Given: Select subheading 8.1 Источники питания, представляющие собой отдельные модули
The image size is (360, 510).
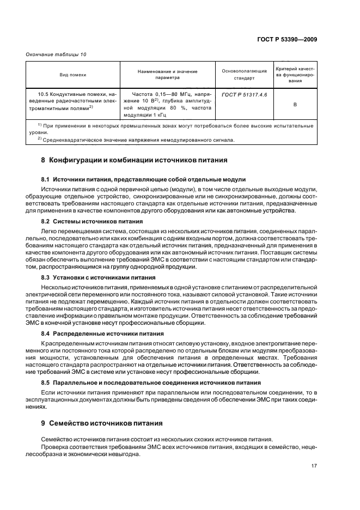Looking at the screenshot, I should (x=144, y=179).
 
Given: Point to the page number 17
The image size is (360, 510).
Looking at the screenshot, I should (x=315, y=466).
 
